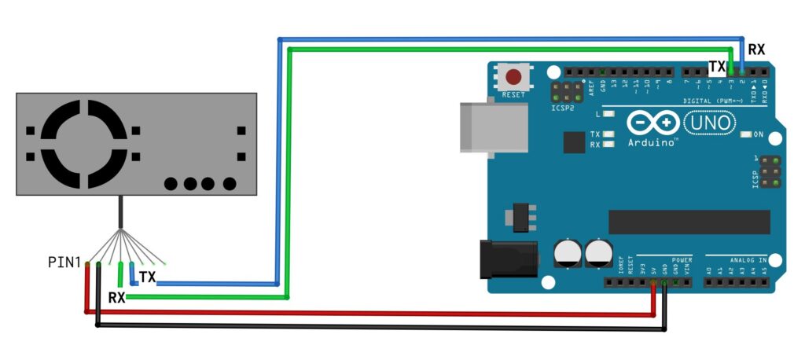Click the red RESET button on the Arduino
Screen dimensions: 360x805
coord(513,78)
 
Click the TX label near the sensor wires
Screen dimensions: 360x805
coord(147,277)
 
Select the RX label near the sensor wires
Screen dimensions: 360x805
coord(116,298)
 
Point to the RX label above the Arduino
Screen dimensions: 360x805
coord(756,50)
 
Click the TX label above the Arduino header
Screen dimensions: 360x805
coord(717,66)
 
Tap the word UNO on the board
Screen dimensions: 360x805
coord(709,123)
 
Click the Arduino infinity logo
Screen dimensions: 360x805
coord(653,123)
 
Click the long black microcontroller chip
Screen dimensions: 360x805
coord(689,222)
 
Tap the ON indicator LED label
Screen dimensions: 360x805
coord(759,134)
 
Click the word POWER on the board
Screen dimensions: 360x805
coord(682,258)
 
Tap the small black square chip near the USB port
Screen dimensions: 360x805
coord(575,142)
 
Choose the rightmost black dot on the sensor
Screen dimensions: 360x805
coord(230,184)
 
